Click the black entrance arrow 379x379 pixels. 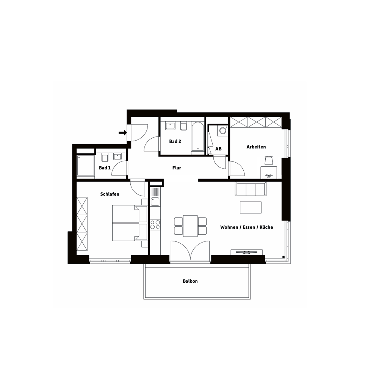click(123, 132)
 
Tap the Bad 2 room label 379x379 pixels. click(175, 141)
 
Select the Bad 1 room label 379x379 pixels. click(105, 168)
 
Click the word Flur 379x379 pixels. click(177, 168)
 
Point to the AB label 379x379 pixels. click(218, 149)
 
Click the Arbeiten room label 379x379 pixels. click(256, 147)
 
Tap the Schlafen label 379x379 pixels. click(110, 194)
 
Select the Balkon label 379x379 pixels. click(190, 281)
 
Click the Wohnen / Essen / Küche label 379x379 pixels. click(247, 227)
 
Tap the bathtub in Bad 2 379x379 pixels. click(197, 136)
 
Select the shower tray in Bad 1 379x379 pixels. click(86, 166)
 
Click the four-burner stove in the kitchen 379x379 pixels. click(155, 224)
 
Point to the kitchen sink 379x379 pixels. click(155, 201)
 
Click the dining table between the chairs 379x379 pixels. click(190, 226)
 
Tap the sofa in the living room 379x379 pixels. click(251, 189)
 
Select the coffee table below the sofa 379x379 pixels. click(251, 207)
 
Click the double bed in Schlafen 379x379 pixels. click(130, 223)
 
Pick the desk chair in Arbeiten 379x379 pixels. click(269, 160)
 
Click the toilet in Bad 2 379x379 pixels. click(184, 126)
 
